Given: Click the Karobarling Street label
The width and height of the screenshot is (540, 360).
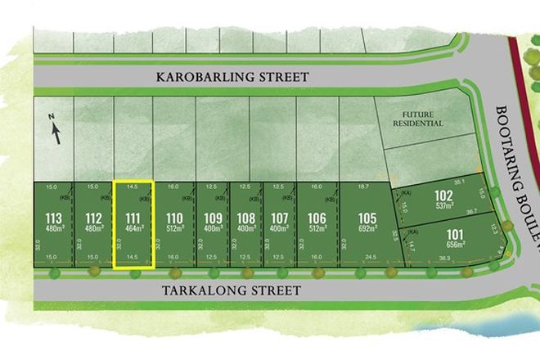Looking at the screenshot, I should tap(232, 77).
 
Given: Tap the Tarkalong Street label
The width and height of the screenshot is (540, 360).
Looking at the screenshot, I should tap(232, 290).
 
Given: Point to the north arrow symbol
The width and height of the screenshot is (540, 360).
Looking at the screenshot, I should tap(55, 129).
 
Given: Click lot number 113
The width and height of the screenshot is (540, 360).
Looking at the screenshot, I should tap(54, 218).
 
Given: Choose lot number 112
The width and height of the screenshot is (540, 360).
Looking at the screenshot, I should tap(93, 218).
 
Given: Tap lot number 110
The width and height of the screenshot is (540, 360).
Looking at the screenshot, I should tap(173, 218).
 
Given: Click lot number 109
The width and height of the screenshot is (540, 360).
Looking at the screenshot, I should tap(213, 218).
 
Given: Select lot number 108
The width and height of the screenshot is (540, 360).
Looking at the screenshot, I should tap(245, 218).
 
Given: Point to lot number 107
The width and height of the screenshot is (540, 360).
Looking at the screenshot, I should tap(279, 218).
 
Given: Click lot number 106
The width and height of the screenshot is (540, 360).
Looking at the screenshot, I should tap(317, 218).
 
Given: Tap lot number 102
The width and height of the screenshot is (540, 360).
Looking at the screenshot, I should tap(443, 196).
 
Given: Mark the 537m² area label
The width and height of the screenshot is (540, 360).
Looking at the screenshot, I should tap(443, 205).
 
